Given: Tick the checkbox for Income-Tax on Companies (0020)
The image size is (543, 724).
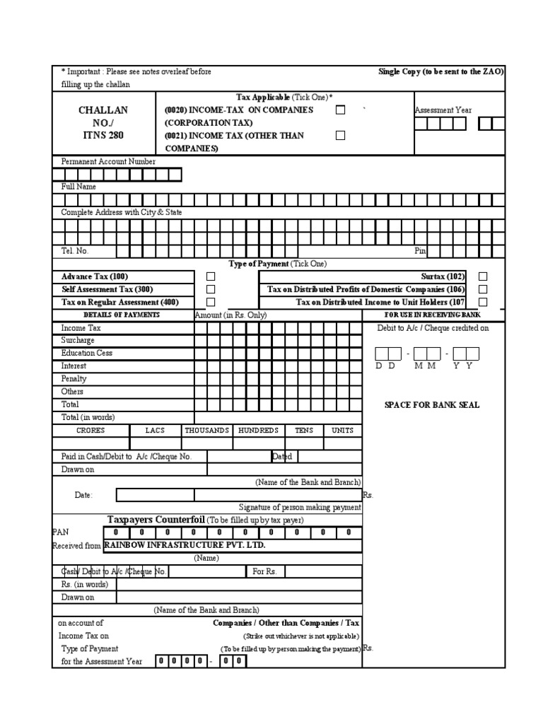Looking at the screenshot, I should [341, 110].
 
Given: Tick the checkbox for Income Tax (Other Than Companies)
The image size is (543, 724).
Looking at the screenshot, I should [341, 136].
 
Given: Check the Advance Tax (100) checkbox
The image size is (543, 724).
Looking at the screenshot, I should [211, 276].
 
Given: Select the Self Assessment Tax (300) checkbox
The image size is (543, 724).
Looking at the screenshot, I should [211, 289].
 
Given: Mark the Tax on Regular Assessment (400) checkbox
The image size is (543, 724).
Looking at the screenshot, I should [211, 302].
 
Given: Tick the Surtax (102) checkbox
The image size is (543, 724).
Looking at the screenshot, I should [483, 276].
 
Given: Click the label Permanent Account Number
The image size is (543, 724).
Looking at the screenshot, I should [108, 161].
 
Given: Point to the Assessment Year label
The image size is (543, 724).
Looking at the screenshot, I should [443, 110].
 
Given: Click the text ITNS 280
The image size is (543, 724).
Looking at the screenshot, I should [103, 136].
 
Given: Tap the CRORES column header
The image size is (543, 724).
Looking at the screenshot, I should [90, 430].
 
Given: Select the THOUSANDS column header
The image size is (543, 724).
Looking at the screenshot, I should [207, 430].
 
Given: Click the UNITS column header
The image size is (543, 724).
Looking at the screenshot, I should [342, 430].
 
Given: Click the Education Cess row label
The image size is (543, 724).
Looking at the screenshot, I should [86, 353].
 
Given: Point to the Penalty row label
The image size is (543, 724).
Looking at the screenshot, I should [74, 379].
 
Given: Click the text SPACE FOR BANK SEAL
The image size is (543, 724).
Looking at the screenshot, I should [431, 404].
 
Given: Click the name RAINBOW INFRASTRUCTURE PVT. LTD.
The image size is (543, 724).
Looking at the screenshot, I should [185, 545].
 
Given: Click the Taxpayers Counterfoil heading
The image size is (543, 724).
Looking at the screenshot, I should [156, 520].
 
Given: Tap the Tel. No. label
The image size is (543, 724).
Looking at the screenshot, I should [75, 251].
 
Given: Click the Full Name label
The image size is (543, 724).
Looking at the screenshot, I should [78, 187].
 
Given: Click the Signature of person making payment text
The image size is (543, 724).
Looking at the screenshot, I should [300, 507].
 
